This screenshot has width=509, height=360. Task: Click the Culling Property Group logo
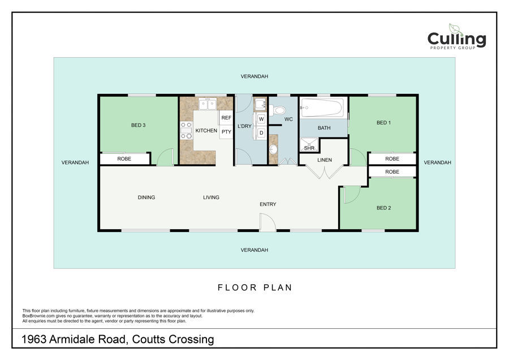456,37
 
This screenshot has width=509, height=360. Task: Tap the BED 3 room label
139,125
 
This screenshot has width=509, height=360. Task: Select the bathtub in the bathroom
321,108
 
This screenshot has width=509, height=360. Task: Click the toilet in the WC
277,110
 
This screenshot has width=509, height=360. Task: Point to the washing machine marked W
261,119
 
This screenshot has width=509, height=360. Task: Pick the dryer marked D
261,132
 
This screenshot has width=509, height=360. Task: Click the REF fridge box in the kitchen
226,118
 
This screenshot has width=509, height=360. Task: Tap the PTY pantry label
226,131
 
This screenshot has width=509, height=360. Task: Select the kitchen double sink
208,104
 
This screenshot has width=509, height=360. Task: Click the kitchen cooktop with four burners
186,130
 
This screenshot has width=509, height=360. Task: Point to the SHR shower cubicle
309,145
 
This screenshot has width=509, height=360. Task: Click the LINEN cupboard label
325,160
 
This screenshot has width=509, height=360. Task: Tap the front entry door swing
268,222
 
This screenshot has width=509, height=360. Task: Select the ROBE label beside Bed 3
124,158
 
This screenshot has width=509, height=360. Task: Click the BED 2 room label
383,208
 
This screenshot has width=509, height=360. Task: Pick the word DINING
146,197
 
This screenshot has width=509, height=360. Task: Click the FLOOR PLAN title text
255,288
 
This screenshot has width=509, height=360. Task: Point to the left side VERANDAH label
75,162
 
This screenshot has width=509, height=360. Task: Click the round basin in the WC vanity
273,149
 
